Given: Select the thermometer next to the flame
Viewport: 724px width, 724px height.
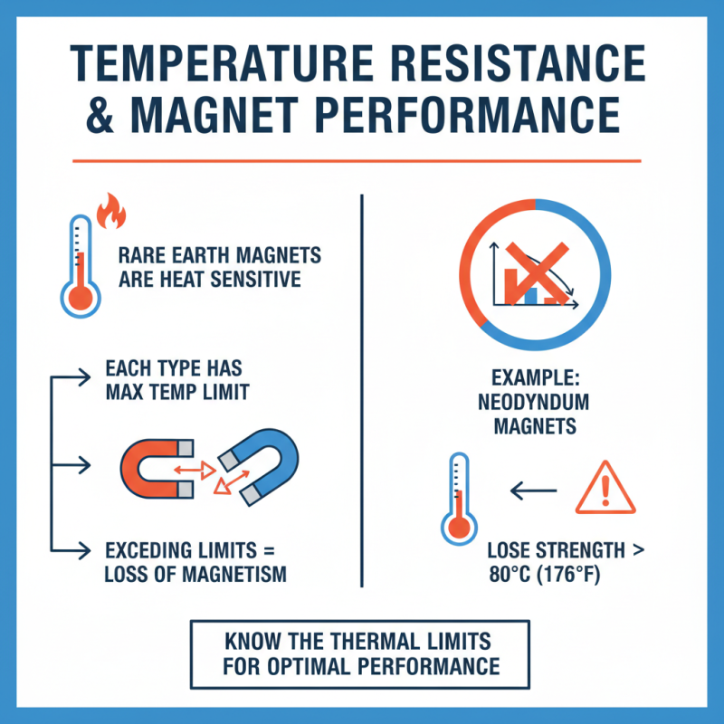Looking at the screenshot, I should click(x=80, y=262).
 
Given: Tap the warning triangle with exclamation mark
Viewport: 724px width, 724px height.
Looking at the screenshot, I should click(x=600, y=489).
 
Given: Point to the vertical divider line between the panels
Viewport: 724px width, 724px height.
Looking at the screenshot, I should click(x=362, y=389).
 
